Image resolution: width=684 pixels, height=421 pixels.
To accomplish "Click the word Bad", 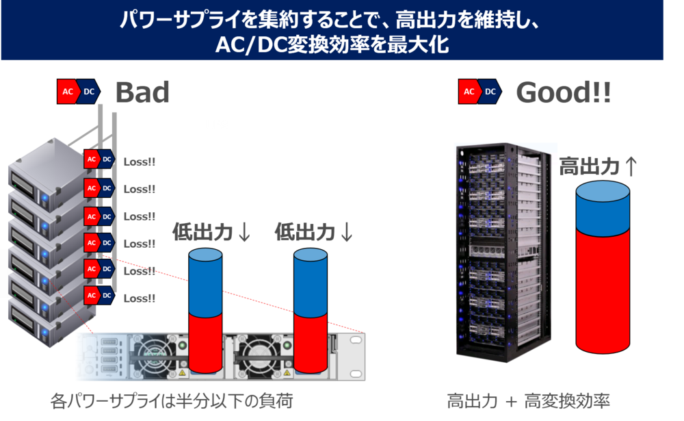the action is [142, 92].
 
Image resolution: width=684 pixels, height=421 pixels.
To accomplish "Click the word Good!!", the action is [563, 92].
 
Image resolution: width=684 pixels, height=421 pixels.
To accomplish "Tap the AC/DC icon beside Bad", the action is [79, 92].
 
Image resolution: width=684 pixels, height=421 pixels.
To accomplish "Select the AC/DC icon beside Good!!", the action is [480, 92].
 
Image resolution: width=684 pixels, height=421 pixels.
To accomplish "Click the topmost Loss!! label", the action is [139, 162].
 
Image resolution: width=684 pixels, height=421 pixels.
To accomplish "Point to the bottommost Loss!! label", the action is [139, 298].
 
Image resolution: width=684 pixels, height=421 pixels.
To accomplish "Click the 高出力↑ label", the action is [598, 166].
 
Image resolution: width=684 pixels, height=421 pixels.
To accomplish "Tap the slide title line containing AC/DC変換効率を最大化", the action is [332, 44].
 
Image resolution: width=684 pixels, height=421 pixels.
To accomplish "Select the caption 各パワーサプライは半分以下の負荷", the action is [172, 401].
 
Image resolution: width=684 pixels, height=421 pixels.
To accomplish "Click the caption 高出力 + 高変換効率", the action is [528, 401].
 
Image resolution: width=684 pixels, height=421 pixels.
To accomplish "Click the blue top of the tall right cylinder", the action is [603, 208].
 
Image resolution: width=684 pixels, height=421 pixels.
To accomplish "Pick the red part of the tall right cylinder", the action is [603, 290].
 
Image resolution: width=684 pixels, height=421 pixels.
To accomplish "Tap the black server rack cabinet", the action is [503, 252].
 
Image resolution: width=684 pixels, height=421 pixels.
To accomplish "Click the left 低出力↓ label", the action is [211, 231].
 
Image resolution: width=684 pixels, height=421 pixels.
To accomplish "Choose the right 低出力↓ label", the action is [313, 231].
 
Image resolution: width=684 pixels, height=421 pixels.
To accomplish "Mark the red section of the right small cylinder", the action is [310, 343].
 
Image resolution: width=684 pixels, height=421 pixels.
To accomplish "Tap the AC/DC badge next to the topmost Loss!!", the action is [99, 160].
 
